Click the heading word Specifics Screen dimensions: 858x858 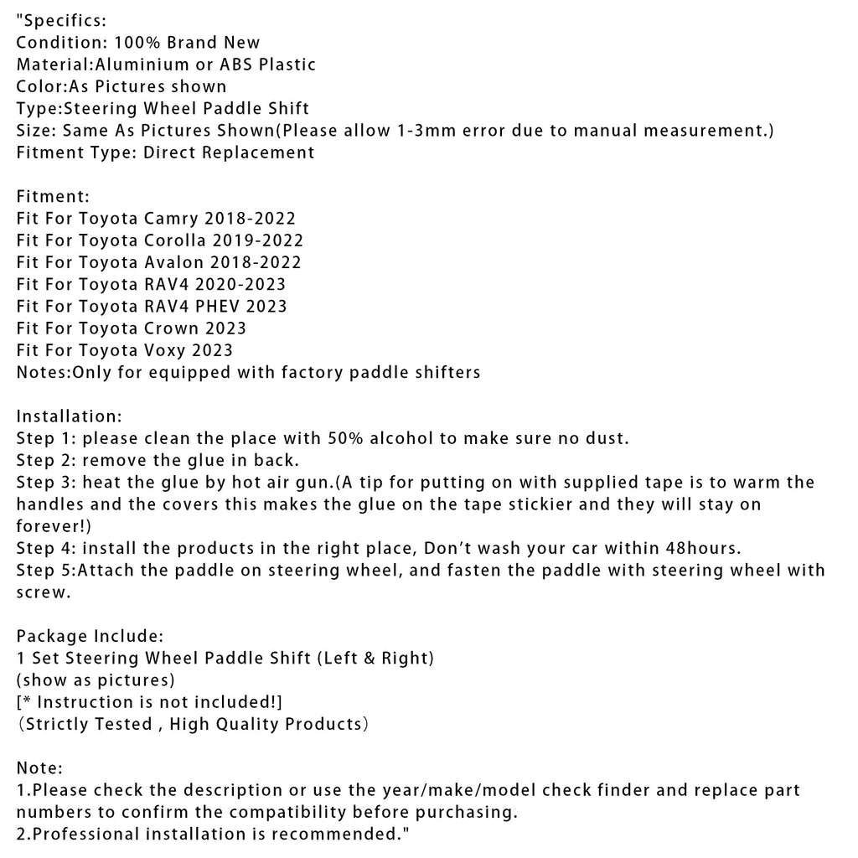coord(64,21)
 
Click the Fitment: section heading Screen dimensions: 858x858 coord(53,197)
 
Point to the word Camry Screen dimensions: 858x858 coord(172,219)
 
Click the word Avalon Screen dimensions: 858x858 coord(174,262)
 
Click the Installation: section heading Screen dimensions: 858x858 coord(70,416)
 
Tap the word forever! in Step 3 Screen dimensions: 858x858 coord(50,525)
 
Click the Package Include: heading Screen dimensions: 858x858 coord(90,635)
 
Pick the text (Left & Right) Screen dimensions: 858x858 coord(374,658)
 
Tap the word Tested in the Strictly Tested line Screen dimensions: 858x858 coord(124,723)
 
